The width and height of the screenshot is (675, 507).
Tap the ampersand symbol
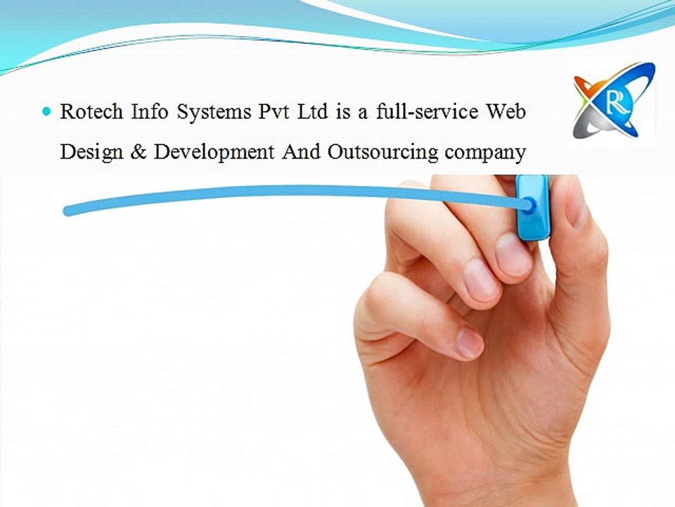[137, 152]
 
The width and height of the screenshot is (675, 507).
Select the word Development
[214, 153]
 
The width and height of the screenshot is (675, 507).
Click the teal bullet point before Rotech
[47, 111]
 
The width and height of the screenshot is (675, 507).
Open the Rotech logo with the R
[613, 101]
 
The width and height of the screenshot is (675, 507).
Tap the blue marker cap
[532, 206]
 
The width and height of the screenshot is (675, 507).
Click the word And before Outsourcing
[301, 152]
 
